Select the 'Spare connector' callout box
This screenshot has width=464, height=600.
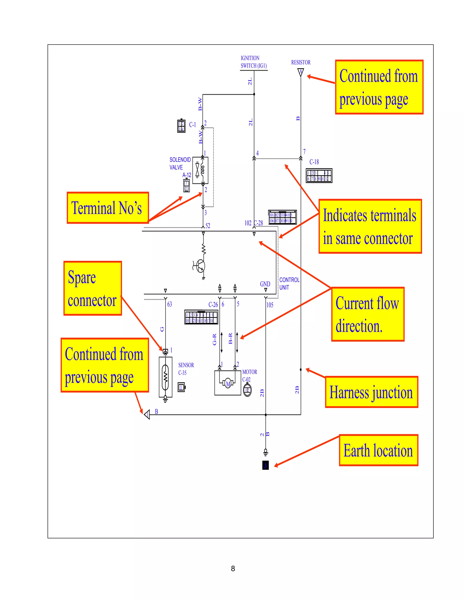pyautogui.click(x=93, y=288)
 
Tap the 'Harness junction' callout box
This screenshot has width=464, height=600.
pyautogui.click(x=371, y=392)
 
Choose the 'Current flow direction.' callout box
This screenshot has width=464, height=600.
pyautogui.click(x=367, y=314)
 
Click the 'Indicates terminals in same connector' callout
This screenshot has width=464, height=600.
pyautogui.click(x=370, y=226)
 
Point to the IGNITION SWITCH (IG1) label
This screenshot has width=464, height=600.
pyautogui.click(x=254, y=62)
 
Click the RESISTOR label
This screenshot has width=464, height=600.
pyautogui.click(x=301, y=62)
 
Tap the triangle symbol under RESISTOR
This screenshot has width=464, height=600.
pyautogui.click(x=301, y=72)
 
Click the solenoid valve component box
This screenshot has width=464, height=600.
pyautogui.click(x=200, y=170)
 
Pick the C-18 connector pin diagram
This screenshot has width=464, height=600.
pyautogui.click(x=319, y=175)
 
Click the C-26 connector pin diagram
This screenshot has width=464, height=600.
pyautogui.click(x=201, y=317)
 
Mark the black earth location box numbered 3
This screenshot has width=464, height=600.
pyautogui.click(x=265, y=465)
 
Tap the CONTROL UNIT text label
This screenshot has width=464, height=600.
pyautogui.click(x=289, y=283)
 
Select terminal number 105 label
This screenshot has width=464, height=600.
pyautogui.click(x=270, y=305)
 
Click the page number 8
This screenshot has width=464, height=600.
pyautogui.click(x=233, y=568)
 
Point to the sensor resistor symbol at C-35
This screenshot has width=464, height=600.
pyautogui.click(x=165, y=377)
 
